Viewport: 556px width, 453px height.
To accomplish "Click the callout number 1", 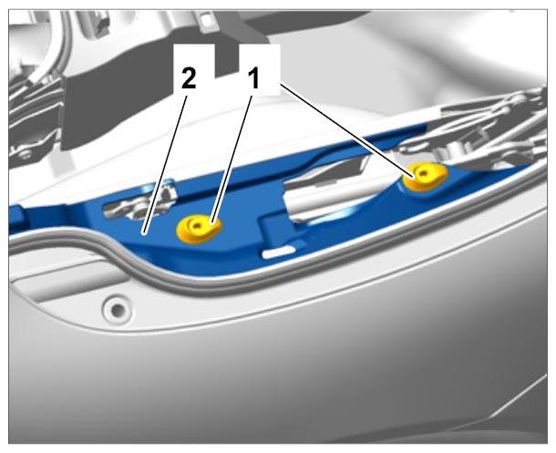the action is tap(254, 79).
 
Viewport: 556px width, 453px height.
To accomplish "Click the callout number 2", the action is tap(189, 79).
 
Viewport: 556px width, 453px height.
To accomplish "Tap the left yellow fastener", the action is tap(199, 229).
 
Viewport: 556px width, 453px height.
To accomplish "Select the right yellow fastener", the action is tap(425, 176).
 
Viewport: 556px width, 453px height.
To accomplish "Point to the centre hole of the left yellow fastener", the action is tap(196, 225).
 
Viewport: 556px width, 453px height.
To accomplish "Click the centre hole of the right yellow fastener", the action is tap(422, 173).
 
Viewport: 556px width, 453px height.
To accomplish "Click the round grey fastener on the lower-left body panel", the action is tap(118, 311).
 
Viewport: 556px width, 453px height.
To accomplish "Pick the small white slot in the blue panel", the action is tap(279, 252).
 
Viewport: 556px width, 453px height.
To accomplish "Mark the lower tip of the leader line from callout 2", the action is tap(143, 233).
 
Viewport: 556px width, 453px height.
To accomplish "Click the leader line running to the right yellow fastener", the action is tap(346, 131).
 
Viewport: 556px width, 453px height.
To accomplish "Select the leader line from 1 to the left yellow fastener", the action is tap(232, 160).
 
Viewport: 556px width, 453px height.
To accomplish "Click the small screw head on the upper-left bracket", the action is tap(26, 155).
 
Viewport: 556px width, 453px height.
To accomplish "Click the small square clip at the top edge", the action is tap(206, 18).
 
